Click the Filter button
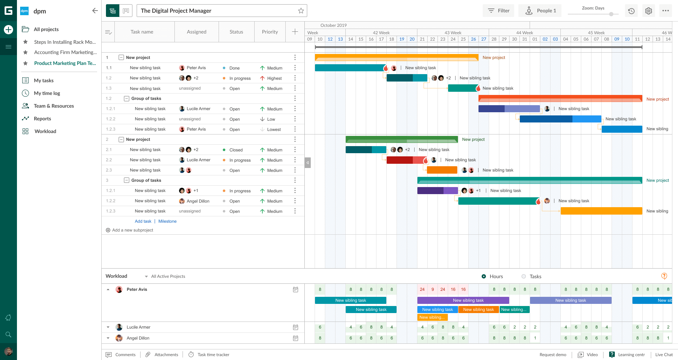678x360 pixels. [499, 11]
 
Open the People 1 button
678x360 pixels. [540, 11]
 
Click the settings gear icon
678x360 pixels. [648, 11]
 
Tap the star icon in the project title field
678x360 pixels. [301, 11]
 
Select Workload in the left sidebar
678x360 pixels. [45, 131]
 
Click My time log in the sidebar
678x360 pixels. [47, 93]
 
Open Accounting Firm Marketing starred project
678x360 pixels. [65, 52]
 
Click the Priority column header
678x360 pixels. [270, 32]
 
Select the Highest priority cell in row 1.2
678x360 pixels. [274, 78]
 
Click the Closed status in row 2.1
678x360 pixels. [236, 150]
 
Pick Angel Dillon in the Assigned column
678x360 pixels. [198, 201]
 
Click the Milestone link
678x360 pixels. [167, 221]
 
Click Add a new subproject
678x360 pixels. [132, 230]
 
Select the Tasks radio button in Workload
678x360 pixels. [524, 276]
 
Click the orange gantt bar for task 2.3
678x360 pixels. [442, 170]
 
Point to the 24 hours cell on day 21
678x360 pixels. [422, 289]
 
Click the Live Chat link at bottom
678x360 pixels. [664, 355]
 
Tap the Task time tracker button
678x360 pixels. [213, 355]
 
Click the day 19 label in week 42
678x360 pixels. [402, 39]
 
